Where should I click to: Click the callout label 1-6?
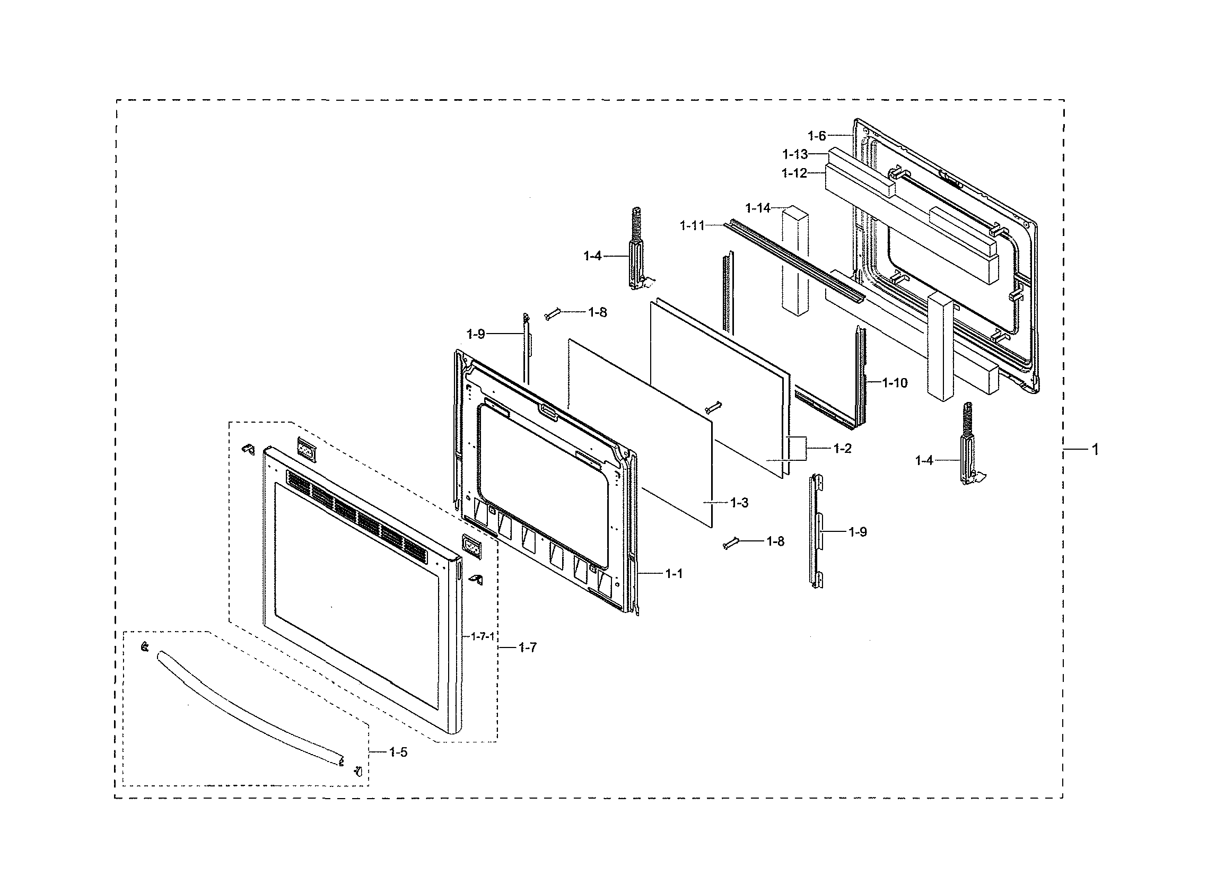click(817, 136)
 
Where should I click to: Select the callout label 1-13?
click(794, 154)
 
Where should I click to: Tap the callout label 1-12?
click(794, 173)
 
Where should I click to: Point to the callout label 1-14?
click(758, 208)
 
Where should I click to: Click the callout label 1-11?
click(692, 226)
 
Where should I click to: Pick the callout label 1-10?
click(895, 383)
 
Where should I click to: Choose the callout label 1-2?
click(842, 449)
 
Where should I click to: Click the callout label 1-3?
click(739, 503)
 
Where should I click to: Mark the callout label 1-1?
click(674, 574)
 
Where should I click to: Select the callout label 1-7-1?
click(483, 636)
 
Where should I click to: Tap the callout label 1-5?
click(398, 752)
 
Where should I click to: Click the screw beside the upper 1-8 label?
click(553, 314)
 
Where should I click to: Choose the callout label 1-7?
click(528, 647)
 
